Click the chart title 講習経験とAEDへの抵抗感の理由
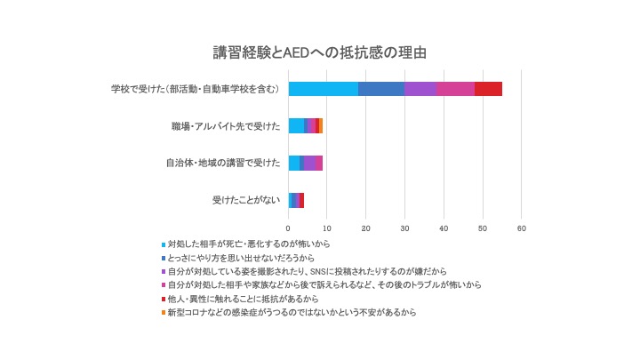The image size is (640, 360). coord(319,52)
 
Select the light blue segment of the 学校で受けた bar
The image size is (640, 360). coord(324,89)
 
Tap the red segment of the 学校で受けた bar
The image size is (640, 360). coord(488,89)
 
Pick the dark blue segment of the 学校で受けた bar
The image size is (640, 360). coord(381,89)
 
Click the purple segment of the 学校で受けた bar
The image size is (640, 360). coord(420,89)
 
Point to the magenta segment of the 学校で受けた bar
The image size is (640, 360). coord(455,89)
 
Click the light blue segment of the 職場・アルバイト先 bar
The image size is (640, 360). coord(296,126)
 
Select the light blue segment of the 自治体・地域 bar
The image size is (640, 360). coord(293,163)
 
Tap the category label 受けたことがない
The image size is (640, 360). coord(245,200)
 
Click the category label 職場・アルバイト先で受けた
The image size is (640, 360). coord(226,126)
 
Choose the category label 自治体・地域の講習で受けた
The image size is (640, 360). coord(223,163)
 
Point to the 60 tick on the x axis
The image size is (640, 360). coord(522,228)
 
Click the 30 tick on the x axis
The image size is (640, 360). coord(405,228)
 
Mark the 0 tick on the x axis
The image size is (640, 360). coord(289,228)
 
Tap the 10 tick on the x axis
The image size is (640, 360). coord(327,228)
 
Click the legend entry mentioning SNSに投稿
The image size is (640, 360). coord(306,270)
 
